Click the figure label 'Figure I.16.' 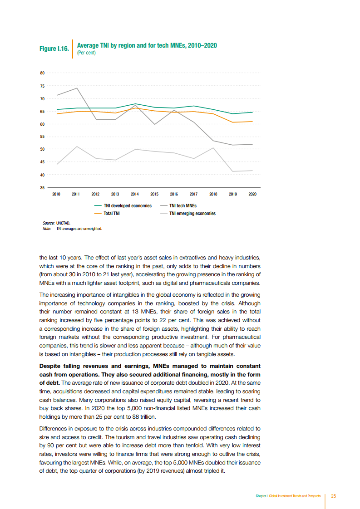(x=54, y=49)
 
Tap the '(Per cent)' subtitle (x=86, y=53)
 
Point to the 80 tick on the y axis (x=42, y=73)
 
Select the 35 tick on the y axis (x=42, y=187)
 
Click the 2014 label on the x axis (x=135, y=194)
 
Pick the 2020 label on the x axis (x=252, y=194)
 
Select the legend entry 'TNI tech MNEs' (x=183, y=206)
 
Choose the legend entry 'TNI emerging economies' (x=192, y=213)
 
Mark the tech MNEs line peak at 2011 (x=76, y=88)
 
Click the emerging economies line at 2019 (x=233, y=171)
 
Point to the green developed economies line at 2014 (x=135, y=104)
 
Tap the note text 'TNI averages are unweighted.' (x=79, y=229)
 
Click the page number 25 (x=333, y=496)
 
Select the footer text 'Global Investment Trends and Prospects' (x=294, y=496)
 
